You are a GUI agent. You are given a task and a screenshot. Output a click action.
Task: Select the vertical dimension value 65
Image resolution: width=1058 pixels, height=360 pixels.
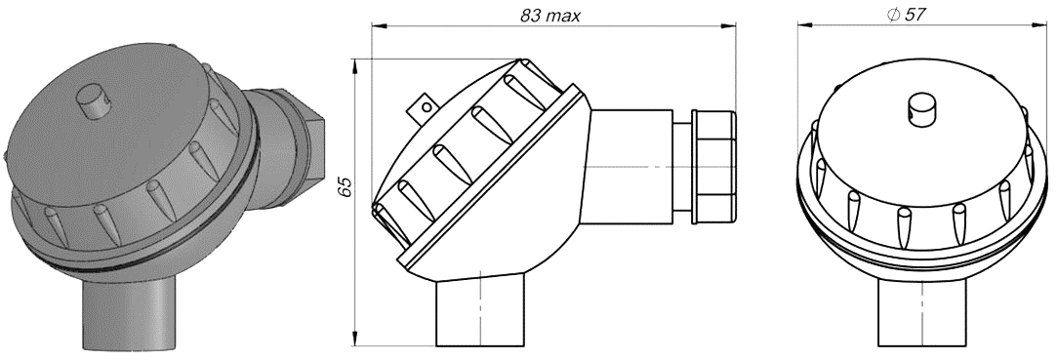(344, 188)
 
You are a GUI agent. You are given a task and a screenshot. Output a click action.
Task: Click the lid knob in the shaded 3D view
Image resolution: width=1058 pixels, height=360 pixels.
(91, 102)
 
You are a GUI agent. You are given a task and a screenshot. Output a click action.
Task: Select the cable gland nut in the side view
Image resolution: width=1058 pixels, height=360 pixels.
(713, 168)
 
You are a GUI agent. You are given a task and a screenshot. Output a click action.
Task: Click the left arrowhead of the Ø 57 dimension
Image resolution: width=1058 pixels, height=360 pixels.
(803, 26)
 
